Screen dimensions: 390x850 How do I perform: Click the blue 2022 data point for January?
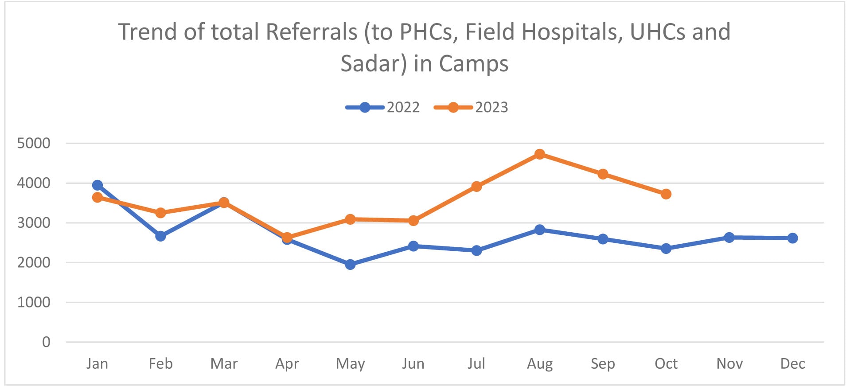tap(97, 185)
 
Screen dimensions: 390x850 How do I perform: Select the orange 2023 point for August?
tap(539, 154)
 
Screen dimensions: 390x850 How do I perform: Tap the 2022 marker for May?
tap(350, 265)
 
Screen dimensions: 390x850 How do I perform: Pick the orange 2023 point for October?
tap(666, 194)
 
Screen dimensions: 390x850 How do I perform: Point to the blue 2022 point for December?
tap(792, 238)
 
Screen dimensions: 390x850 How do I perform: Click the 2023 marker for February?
tap(160, 213)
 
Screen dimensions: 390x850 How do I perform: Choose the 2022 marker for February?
tap(160, 236)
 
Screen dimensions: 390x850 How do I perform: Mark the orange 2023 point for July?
tap(476, 187)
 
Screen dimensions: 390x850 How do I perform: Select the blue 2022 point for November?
tap(729, 238)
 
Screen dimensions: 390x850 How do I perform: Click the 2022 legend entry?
tap(383, 107)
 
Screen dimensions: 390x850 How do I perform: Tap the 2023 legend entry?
tap(471, 107)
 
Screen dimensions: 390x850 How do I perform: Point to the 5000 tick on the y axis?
tap(34, 143)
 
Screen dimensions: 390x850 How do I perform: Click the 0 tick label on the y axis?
tap(46, 342)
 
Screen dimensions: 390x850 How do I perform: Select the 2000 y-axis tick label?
tap(34, 262)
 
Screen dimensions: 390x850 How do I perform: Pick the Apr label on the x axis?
tap(287, 364)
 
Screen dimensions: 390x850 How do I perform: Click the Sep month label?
tap(603, 364)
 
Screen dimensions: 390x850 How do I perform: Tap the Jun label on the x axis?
tap(413, 364)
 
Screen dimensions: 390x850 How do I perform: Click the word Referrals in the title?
tap(312, 32)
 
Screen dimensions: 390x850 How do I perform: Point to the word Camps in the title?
tap(474, 63)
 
